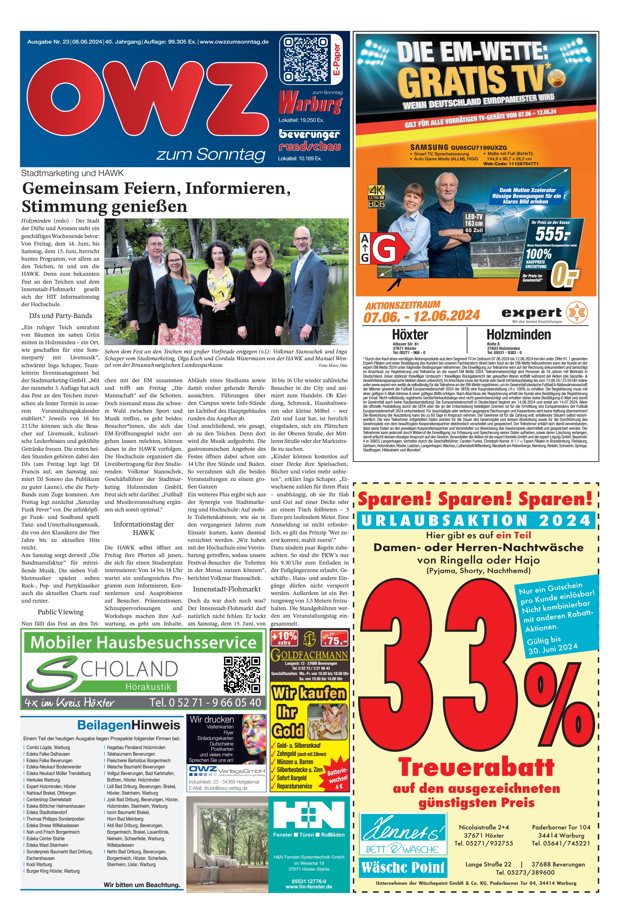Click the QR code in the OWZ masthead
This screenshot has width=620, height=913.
point(305,59)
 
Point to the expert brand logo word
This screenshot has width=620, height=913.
point(531,313)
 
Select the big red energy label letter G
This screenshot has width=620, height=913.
point(384,248)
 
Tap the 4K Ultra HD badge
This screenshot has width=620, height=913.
point(376,196)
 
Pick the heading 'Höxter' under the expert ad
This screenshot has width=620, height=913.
point(410,335)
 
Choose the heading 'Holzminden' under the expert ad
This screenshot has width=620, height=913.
point(519,335)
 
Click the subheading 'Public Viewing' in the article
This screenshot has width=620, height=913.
point(61,612)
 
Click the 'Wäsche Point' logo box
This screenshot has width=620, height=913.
point(403,867)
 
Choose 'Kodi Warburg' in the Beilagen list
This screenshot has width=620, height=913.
point(39,864)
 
